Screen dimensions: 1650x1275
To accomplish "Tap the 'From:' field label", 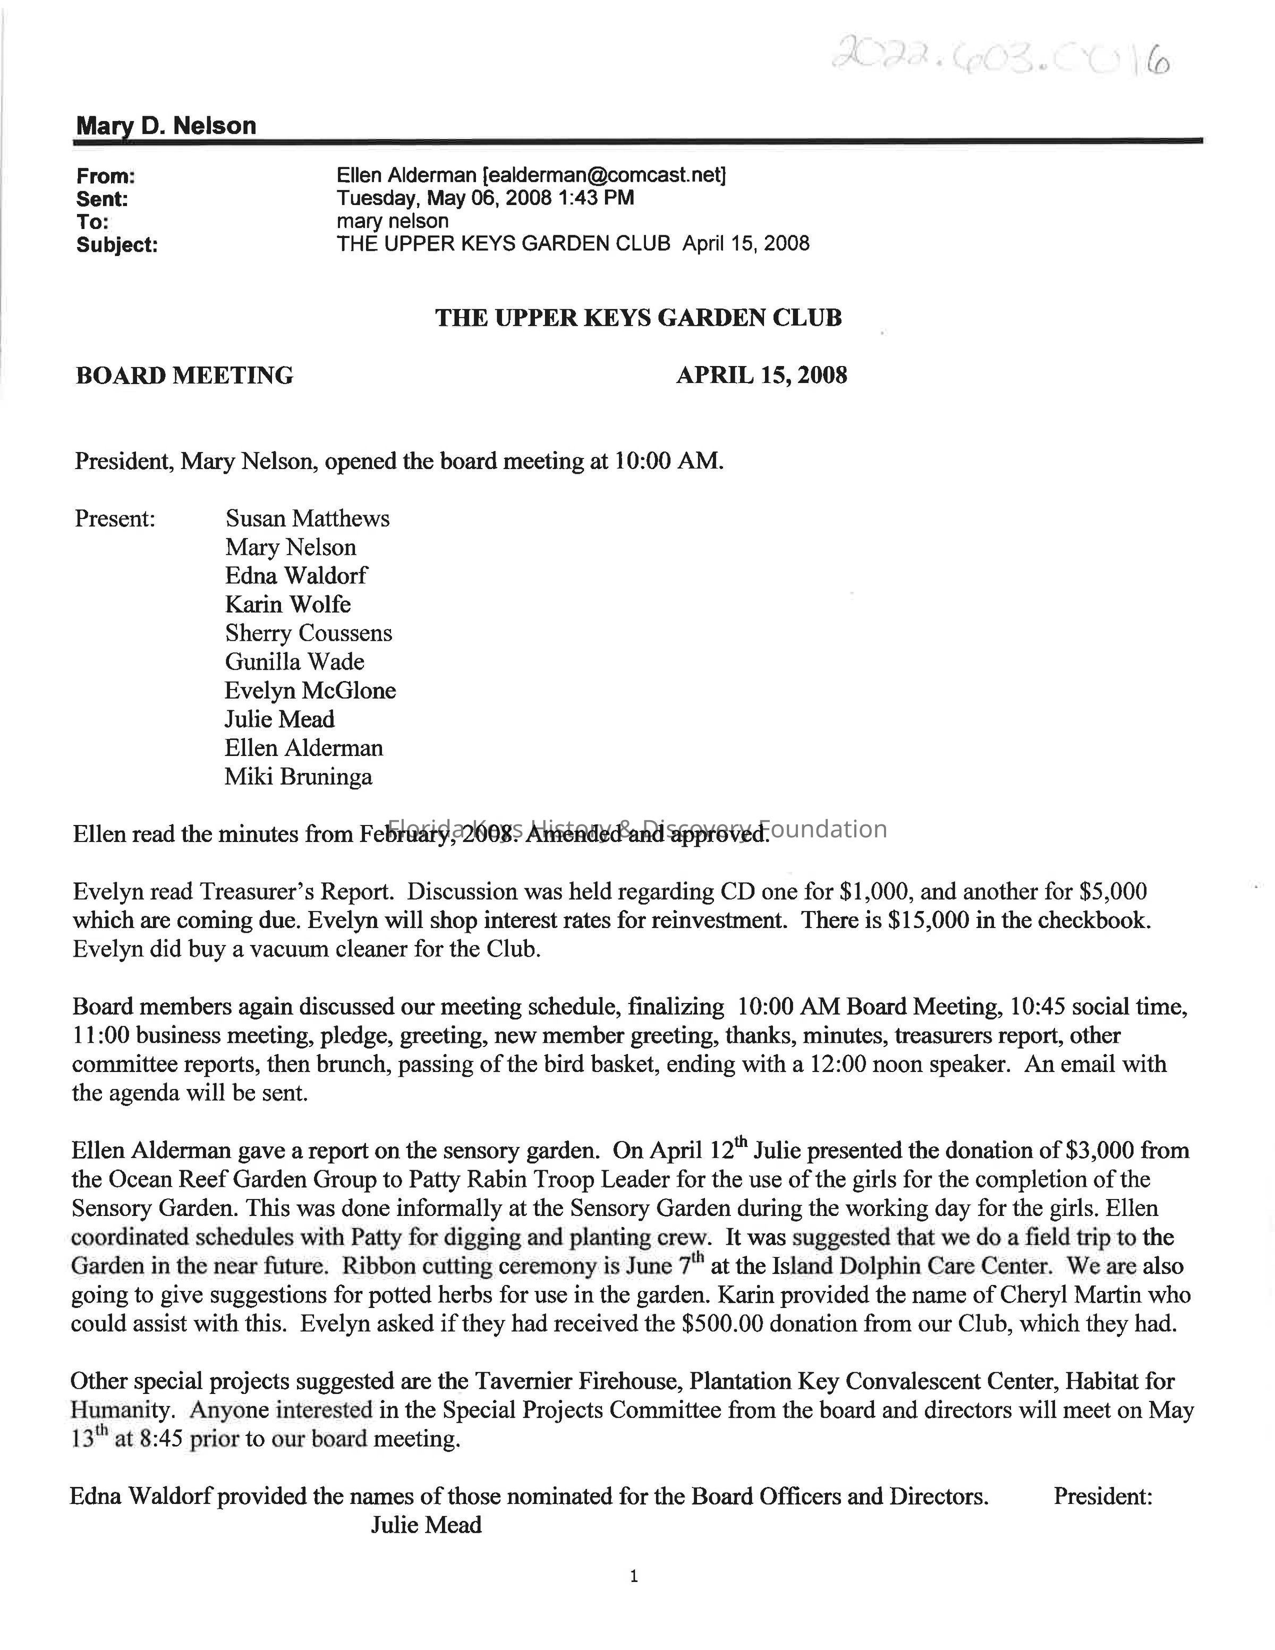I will click(106, 177).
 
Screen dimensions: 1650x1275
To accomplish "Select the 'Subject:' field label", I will click(117, 245).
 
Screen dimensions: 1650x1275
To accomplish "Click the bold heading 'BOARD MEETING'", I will click(184, 376).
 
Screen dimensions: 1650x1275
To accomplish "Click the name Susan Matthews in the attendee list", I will click(308, 518).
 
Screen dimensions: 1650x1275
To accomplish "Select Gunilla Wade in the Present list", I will click(295, 662).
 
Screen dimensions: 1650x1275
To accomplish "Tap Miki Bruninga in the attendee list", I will click(299, 777).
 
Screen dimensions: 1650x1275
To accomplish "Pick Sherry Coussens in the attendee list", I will click(308, 633).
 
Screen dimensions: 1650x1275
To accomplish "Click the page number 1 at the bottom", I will click(634, 1576).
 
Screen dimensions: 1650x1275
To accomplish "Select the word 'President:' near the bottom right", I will click(1103, 1496).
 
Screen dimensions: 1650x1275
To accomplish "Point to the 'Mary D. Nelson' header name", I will click(166, 125).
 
